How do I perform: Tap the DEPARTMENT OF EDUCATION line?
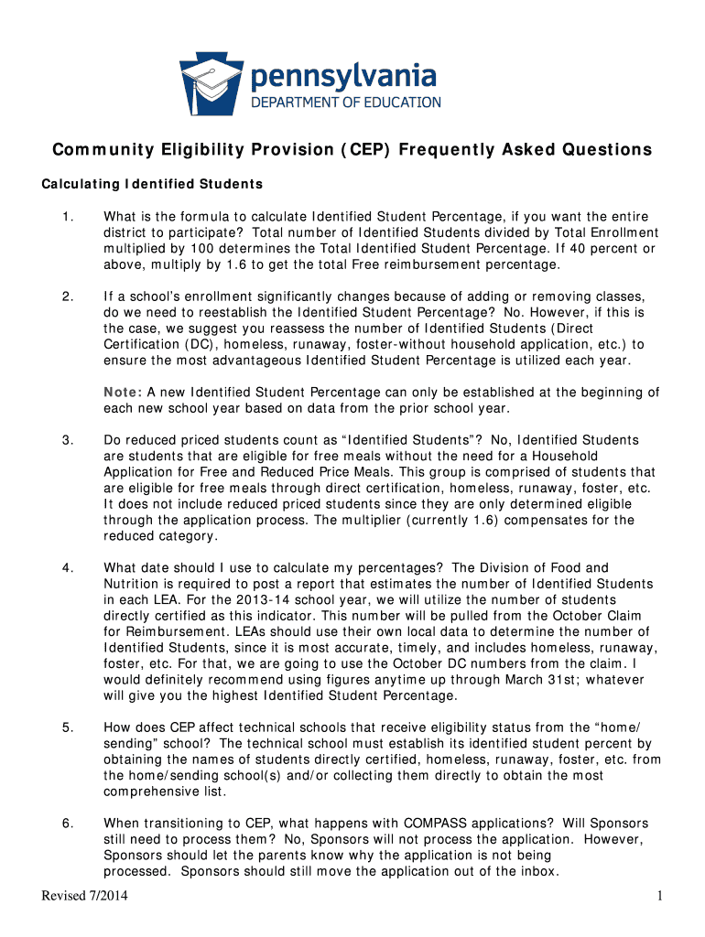point(346,102)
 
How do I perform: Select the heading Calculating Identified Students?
point(152,184)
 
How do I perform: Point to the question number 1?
point(66,217)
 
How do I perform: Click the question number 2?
point(67,296)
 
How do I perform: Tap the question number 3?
point(67,441)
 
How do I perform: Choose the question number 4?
point(67,568)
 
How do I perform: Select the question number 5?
point(67,727)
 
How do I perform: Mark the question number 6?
point(67,824)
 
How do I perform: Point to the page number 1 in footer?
point(658,895)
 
